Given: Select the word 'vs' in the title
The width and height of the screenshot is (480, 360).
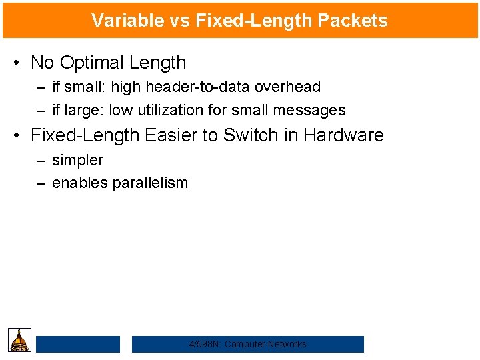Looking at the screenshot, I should coord(178,21).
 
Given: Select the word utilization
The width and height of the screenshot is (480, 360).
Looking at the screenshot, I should coord(175,110).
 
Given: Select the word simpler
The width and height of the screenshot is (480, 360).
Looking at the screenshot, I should coord(77,160).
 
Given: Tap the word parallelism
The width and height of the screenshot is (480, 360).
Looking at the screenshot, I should coord(150,183).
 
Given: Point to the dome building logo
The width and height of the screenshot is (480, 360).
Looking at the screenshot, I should coord(19,340).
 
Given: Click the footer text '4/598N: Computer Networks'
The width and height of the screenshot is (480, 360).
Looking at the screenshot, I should coord(248,344).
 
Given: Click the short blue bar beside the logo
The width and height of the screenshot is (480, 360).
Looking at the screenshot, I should coord(78,344).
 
